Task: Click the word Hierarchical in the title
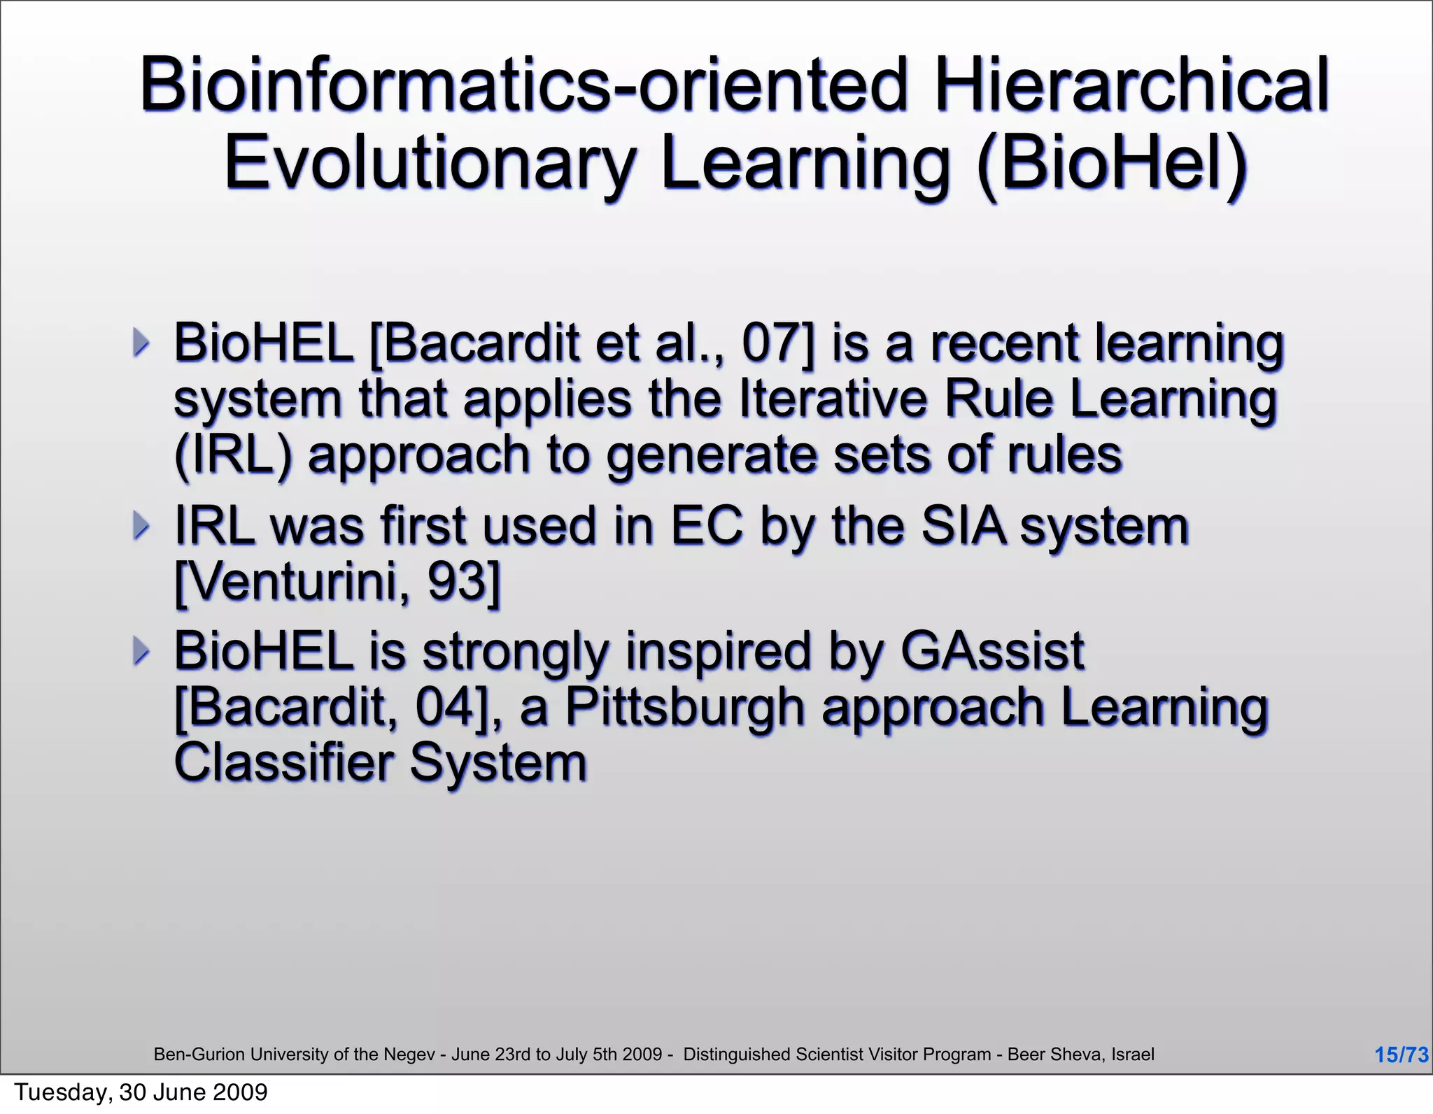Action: point(1131,85)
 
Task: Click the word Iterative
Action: point(833,399)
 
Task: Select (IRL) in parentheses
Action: point(232,455)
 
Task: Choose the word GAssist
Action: point(991,651)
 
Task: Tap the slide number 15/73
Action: point(1401,1055)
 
